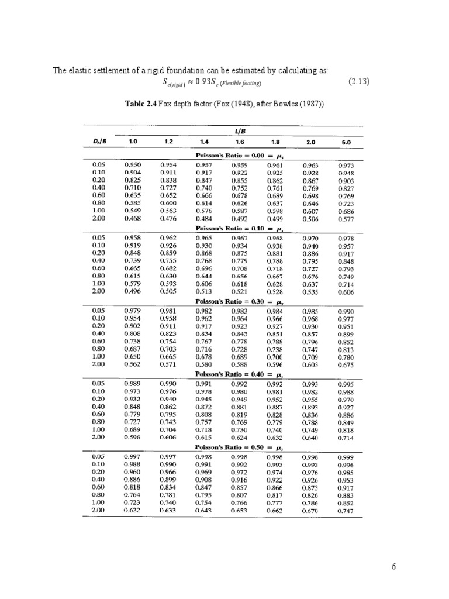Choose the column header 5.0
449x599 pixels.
[346, 142]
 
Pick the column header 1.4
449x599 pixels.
[204, 142]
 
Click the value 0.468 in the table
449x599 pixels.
[133, 218]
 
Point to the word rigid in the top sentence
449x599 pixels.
[147, 71]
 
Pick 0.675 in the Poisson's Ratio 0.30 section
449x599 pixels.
[346, 366]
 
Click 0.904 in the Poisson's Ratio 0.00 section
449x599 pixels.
[133, 173]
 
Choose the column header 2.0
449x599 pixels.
[310, 142]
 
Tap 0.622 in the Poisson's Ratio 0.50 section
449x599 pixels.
[133, 510]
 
